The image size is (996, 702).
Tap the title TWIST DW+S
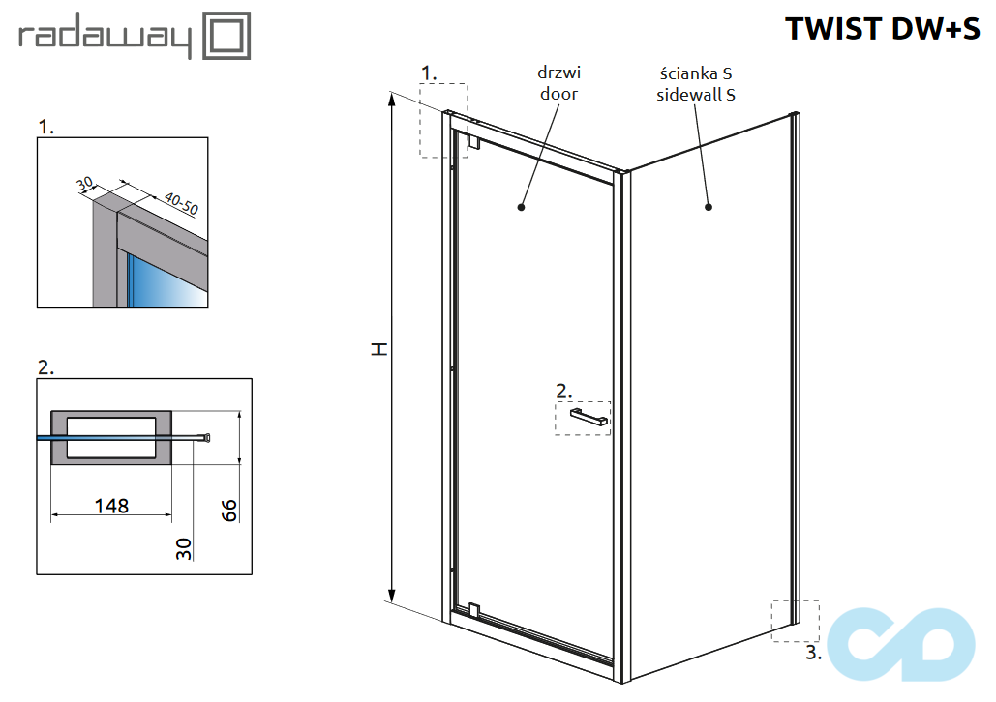[x=882, y=29]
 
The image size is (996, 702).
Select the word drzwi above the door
[x=559, y=73]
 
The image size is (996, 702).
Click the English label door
[x=559, y=94]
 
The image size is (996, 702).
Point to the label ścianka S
[x=695, y=73]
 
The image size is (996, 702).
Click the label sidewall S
[x=695, y=94]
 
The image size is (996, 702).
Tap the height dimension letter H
[x=379, y=348]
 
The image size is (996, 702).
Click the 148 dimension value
[x=111, y=506]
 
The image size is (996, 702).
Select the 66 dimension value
[x=230, y=511]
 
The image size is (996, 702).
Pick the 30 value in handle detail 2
[x=184, y=549]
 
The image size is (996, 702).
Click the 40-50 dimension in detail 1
[x=181, y=203]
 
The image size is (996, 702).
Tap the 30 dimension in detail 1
[x=85, y=183]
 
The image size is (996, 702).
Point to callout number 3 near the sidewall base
[x=813, y=654]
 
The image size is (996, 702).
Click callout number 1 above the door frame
[x=430, y=73]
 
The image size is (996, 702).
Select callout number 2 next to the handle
[x=564, y=392]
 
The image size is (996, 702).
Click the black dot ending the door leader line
[x=522, y=206]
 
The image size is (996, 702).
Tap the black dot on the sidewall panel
[x=709, y=206]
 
